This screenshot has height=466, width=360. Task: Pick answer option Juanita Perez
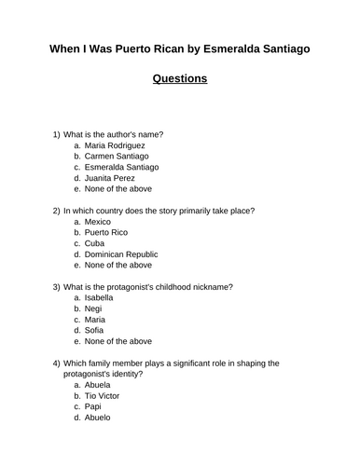[109, 177]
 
